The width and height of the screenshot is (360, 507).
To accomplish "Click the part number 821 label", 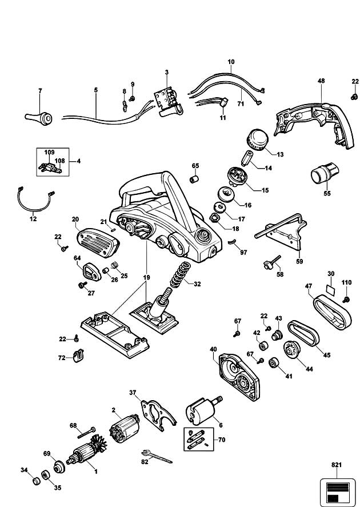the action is click(336, 465).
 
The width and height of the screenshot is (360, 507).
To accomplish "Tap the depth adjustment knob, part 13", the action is click(257, 141).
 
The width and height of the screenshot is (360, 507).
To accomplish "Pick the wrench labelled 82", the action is click(157, 456).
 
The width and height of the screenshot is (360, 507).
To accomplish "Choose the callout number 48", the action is click(321, 81).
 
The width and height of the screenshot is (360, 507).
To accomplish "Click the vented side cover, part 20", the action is click(98, 243).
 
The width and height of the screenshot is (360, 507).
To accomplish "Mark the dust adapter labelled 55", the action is click(325, 172).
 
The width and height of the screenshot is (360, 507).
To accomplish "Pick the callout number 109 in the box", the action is click(49, 152).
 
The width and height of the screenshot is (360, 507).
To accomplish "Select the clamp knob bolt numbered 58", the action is click(272, 262).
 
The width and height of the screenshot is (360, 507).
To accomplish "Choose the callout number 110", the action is click(346, 282).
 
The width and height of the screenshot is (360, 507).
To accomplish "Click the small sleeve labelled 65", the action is click(194, 179).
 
